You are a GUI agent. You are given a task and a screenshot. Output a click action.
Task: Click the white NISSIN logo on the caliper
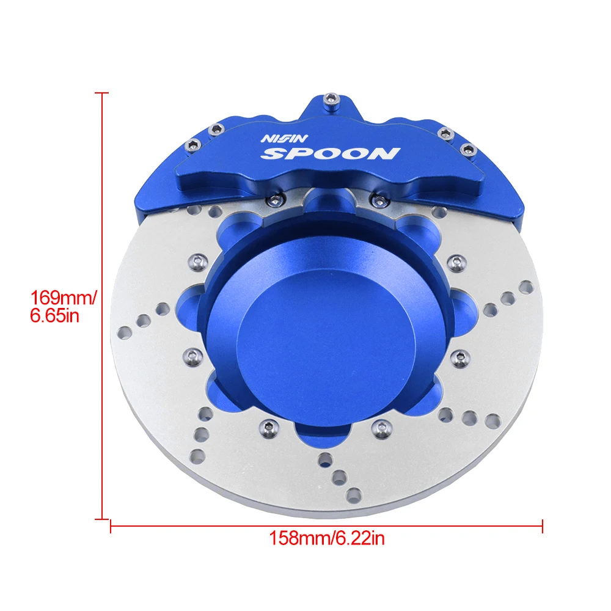click(285, 138)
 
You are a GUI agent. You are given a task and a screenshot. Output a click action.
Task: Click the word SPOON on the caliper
click(331, 153)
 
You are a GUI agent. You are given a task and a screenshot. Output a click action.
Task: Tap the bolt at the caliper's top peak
click(331, 99)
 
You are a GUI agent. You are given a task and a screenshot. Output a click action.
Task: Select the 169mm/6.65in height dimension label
click(63, 306)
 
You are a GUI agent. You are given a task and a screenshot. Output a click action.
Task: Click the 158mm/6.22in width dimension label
click(326, 538)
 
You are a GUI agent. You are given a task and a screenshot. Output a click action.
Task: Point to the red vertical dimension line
click(102, 306)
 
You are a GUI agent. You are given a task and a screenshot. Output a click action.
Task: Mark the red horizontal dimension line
click(326, 526)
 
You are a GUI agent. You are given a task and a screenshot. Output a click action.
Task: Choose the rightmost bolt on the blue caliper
click(468, 149)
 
